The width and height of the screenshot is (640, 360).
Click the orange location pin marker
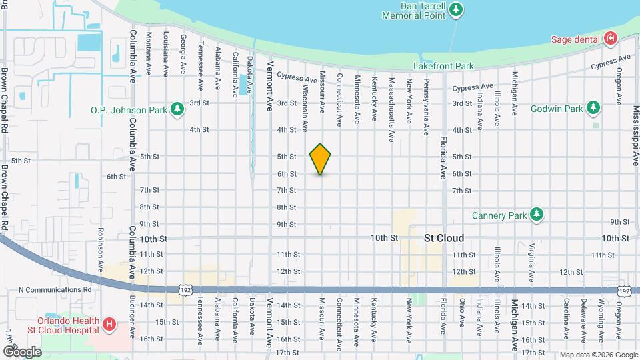[x=320, y=159]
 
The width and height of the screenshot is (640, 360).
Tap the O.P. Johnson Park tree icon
[x=177, y=108]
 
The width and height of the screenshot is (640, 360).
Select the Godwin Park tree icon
[x=593, y=108]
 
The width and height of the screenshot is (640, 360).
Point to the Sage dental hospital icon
[x=609, y=39]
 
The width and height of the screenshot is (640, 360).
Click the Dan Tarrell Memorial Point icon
[x=456, y=9]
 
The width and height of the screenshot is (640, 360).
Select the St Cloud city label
[x=444, y=238]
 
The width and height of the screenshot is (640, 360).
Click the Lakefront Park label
[x=443, y=66]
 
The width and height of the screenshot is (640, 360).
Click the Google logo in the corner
[x=21, y=351]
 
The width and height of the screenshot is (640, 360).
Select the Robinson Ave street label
[x=101, y=242]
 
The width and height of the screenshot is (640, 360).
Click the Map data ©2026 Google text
[x=598, y=354]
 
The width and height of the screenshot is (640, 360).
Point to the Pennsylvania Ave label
[x=426, y=107]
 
